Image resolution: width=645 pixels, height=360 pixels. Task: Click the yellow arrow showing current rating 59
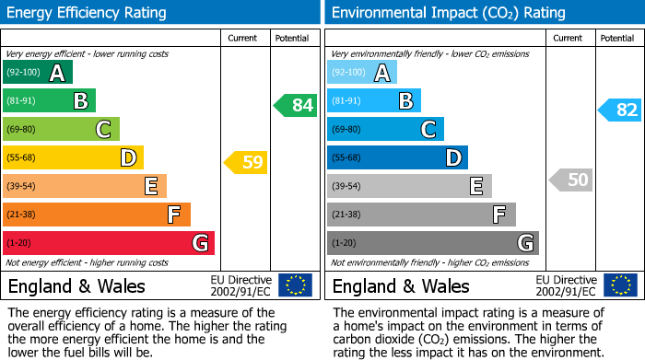(246, 163)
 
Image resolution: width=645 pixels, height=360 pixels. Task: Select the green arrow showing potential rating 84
(296, 105)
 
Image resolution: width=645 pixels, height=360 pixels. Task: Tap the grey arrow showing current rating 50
(570, 180)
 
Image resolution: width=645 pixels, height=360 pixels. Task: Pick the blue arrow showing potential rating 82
(620, 110)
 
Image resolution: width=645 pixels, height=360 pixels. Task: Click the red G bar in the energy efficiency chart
(108, 243)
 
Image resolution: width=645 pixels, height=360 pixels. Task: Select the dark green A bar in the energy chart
(38, 73)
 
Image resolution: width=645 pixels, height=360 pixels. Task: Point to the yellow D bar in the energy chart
(73, 157)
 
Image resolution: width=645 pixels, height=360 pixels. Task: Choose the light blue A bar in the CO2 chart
(362, 73)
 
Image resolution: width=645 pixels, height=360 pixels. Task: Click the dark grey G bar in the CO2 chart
(432, 243)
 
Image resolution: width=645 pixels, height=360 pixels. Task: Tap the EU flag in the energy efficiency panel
(295, 285)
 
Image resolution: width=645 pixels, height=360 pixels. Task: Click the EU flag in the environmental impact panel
(620, 285)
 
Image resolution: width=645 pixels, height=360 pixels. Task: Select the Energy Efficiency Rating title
(88, 13)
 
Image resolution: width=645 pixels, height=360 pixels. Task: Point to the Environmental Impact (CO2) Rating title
(448, 13)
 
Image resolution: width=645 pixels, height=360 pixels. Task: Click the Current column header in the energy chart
(242, 38)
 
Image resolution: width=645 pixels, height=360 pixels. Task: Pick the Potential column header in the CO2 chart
(616, 38)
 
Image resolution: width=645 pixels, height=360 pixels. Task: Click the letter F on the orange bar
(173, 215)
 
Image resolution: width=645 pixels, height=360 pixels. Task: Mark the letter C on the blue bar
(428, 129)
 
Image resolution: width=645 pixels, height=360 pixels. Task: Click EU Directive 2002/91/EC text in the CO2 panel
(565, 285)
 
